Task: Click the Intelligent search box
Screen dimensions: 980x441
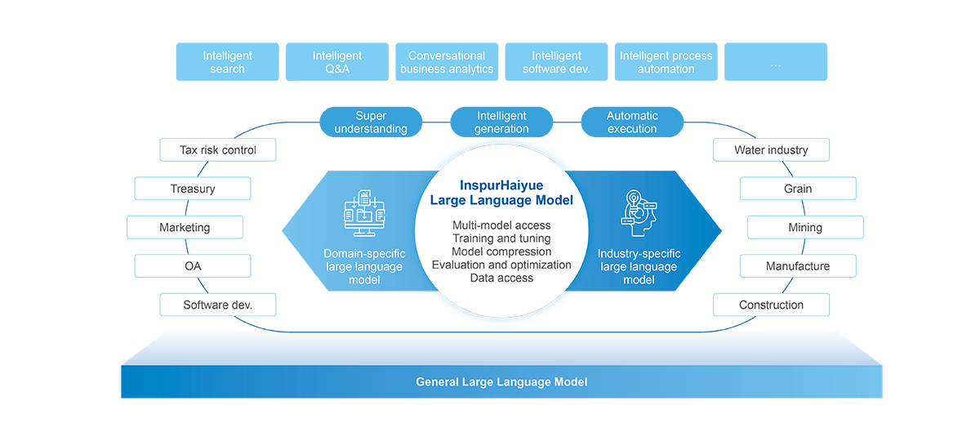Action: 228,62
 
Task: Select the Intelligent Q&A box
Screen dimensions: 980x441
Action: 337,62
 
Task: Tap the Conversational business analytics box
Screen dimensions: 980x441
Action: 447,62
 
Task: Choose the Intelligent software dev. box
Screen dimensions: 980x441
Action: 556,62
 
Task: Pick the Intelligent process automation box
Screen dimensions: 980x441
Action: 666,62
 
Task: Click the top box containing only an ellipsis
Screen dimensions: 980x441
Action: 776,62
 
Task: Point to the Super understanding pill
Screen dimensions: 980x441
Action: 371,122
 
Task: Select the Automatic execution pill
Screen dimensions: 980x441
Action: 632,122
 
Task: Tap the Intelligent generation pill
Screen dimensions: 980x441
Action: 501,122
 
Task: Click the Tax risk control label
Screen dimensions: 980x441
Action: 218,150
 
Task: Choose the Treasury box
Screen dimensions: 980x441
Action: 193,189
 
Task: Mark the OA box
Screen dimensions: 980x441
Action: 193,266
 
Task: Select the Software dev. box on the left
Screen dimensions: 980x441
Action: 218,305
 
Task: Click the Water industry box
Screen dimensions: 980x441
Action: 771,150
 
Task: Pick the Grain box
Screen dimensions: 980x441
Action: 798,189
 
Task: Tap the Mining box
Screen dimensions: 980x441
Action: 805,228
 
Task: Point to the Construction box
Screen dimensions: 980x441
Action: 771,305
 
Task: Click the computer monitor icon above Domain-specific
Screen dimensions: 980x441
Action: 364,213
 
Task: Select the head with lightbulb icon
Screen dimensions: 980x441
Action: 639,213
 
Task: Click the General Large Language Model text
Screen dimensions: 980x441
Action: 501,382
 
